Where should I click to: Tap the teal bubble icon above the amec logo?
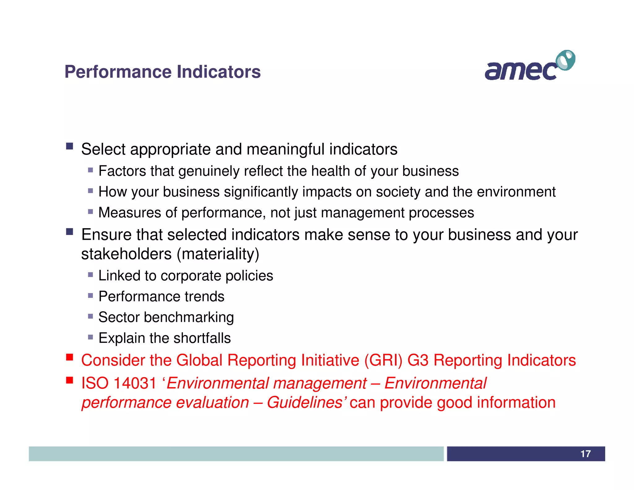pos(566,60)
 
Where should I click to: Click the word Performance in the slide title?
pos(118,72)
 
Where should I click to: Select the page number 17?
pos(585,454)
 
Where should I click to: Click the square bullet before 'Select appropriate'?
pos(70,146)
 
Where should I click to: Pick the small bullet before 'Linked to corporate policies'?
pos(90,275)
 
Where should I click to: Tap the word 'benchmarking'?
pos(189,317)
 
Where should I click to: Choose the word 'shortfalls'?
pos(204,338)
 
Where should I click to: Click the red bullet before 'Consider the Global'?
pos(70,357)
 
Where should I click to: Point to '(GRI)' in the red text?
pos(383,360)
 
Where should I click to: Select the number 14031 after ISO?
pos(135,383)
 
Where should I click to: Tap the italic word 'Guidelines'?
pos(304,403)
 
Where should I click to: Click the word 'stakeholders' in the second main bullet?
pos(126,254)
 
